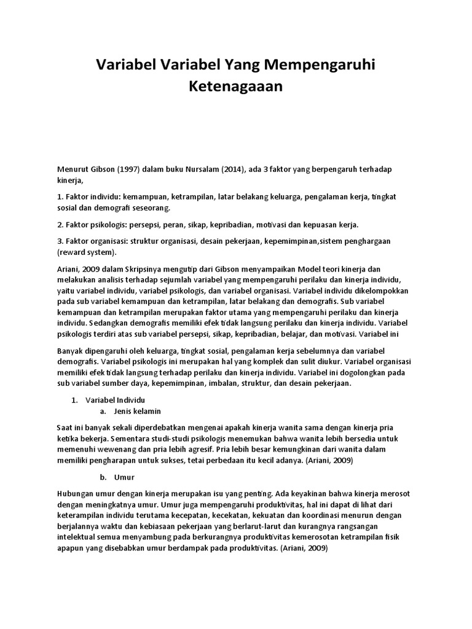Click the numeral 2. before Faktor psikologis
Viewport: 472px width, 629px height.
[x=60, y=224]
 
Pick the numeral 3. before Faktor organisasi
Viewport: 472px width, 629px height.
[x=60, y=241]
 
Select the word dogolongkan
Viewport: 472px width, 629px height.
[x=366, y=373]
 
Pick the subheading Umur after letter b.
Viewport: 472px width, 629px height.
[x=124, y=477]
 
